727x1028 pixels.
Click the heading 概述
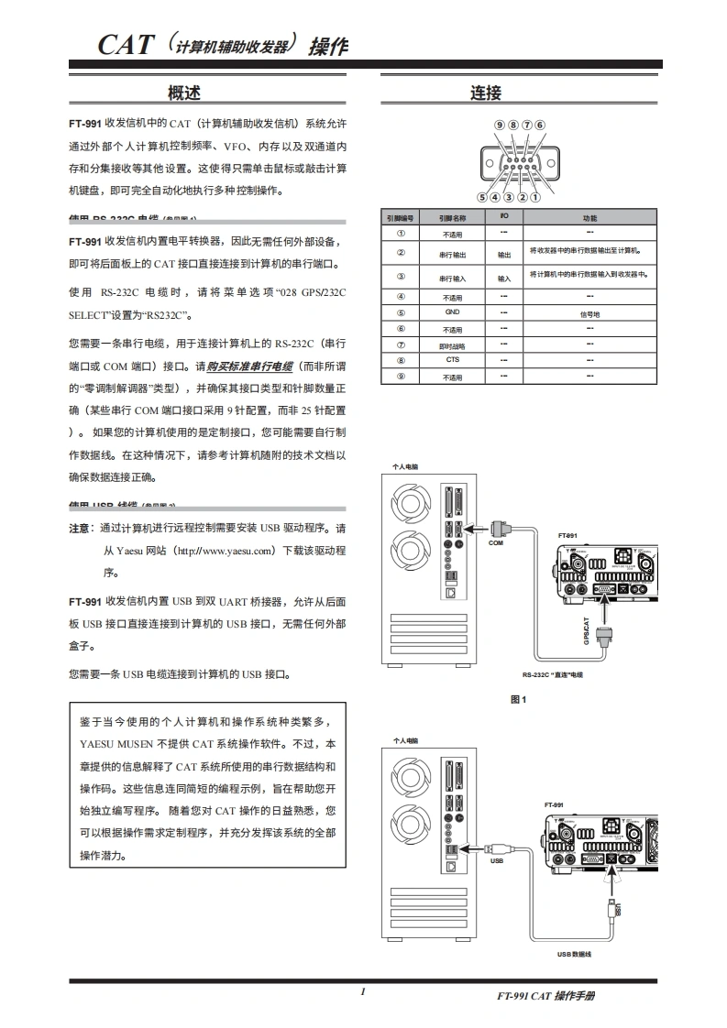coord(183,92)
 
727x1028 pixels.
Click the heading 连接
coord(486,93)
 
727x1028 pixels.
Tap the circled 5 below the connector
coord(482,196)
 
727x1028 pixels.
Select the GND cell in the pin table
coord(451,312)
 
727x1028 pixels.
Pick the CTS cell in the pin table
coord(452,360)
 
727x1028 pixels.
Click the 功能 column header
coord(589,218)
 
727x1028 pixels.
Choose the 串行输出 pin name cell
coord(452,256)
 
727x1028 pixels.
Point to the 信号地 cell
coord(589,313)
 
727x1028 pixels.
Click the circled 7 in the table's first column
coord(401,344)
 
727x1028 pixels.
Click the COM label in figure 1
coord(496,543)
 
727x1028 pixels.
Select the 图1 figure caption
coord(519,699)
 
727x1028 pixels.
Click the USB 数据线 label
coord(574,955)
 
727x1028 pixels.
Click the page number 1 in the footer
coord(363,992)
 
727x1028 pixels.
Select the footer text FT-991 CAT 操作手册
coord(545,996)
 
